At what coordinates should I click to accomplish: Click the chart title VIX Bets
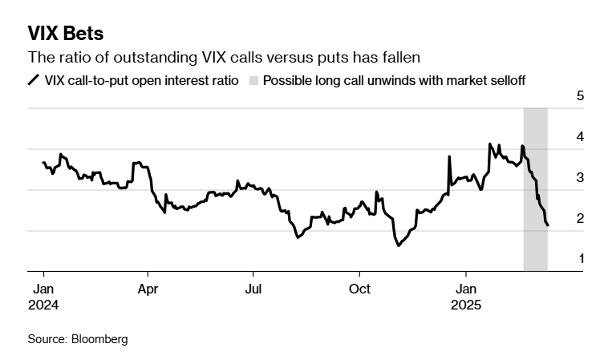point(65,34)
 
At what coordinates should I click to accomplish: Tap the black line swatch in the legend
point(34,80)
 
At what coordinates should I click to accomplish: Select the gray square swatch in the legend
point(254,80)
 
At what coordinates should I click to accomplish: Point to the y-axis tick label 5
point(580,95)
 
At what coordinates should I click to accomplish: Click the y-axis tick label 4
point(580,137)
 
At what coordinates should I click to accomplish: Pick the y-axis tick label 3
point(580,178)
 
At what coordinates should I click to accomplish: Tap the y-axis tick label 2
point(580,219)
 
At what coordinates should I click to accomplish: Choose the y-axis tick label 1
point(580,260)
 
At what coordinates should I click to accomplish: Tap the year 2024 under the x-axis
point(43,305)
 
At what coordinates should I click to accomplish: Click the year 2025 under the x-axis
point(467,305)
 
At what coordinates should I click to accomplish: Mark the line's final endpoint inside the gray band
point(548,225)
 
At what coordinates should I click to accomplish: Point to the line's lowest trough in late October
point(399,245)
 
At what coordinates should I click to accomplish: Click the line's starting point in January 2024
point(43,163)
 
